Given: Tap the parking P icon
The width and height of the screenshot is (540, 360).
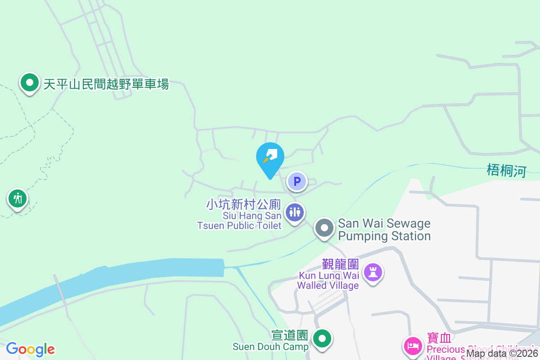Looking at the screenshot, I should pos(297,182).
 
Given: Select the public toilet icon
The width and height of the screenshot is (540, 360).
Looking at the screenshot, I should pos(295,211).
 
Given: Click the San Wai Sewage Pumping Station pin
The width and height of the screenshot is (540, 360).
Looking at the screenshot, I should pos(324,228).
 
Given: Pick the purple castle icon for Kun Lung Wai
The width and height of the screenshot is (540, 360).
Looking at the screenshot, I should pos(373,272).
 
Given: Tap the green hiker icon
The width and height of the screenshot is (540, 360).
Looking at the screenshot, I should pos(18,198).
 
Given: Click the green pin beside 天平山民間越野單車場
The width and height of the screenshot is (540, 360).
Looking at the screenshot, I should pos(29,83).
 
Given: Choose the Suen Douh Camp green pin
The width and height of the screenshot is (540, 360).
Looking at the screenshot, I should pos(322,338).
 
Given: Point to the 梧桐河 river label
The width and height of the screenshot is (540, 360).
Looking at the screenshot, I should pos(506,171).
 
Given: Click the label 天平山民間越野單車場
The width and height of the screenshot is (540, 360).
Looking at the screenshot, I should pos(106,84).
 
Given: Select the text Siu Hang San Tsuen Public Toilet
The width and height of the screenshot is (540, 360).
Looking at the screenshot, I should pos(240,220).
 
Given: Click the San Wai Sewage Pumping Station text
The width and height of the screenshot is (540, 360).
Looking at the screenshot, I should pos(384,229).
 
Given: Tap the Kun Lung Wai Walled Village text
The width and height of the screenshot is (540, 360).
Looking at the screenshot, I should pos(328,280).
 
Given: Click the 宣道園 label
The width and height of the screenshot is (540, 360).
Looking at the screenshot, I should pos(289,335).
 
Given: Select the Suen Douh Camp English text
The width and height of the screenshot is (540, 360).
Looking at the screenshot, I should pos(270,346).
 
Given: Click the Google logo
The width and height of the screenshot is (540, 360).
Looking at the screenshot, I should pos(30,349).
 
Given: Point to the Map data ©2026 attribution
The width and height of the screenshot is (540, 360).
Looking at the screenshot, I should pos(502,354).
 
